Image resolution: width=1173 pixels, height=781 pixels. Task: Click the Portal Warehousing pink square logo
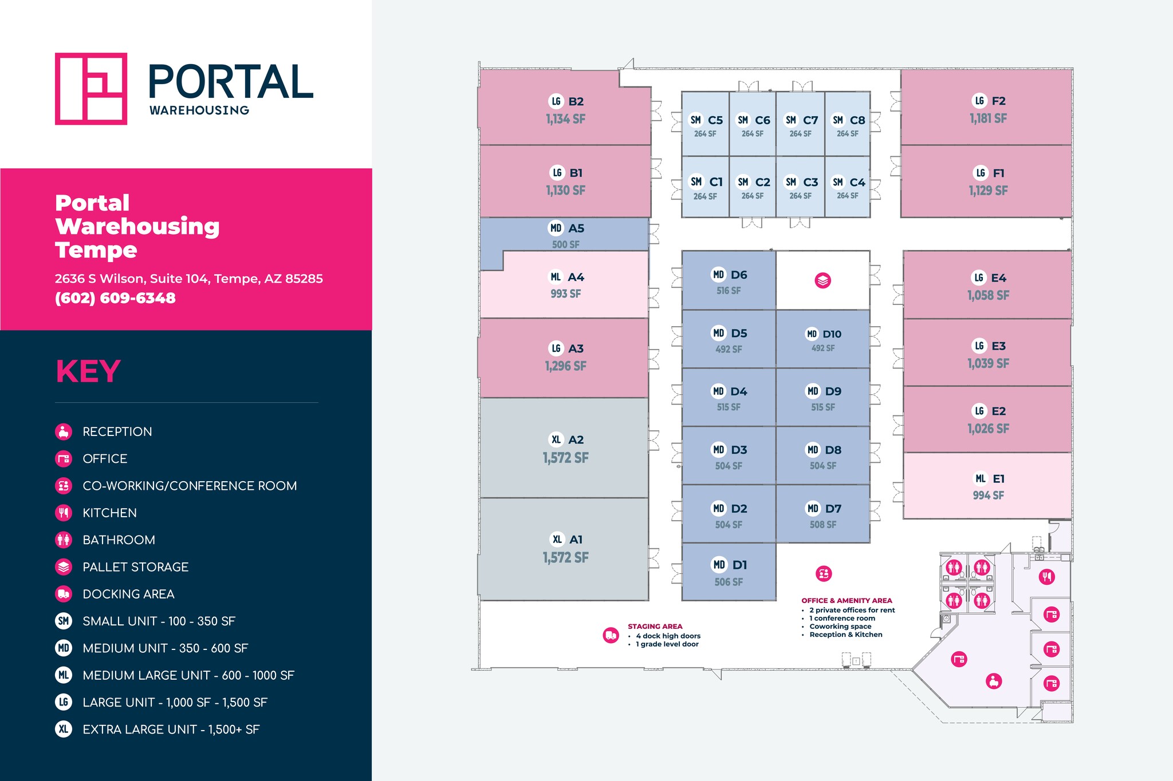(x=90, y=89)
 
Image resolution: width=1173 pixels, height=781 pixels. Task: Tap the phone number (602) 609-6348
(x=115, y=298)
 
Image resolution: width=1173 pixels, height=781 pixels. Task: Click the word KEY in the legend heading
(x=88, y=371)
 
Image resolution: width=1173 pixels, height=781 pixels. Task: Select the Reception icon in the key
(x=64, y=431)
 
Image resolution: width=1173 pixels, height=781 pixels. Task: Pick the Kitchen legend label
(x=109, y=513)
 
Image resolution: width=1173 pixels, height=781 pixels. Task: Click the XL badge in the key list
(x=64, y=729)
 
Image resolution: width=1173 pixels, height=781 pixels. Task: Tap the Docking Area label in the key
(x=128, y=594)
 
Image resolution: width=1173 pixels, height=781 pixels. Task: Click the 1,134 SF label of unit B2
(x=565, y=119)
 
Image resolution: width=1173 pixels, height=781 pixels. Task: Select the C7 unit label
(x=810, y=120)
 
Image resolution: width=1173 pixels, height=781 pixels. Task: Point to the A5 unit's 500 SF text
(x=565, y=244)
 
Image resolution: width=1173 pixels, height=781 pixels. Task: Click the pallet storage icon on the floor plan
(x=822, y=280)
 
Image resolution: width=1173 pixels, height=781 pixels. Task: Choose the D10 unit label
(x=832, y=334)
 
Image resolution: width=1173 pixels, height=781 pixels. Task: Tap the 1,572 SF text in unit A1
(x=565, y=557)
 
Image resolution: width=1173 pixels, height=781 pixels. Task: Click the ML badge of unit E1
(x=981, y=478)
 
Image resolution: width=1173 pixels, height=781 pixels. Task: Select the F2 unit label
(x=998, y=101)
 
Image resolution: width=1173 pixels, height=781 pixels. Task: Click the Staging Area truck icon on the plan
(x=611, y=635)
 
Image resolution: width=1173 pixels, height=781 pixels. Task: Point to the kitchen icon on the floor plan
(x=1047, y=577)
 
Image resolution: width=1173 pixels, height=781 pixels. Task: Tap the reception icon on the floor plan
(x=994, y=681)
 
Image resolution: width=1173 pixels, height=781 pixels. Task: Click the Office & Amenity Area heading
(x=847, y=601)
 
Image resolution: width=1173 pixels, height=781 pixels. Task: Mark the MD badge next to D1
(x=719, y=565)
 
